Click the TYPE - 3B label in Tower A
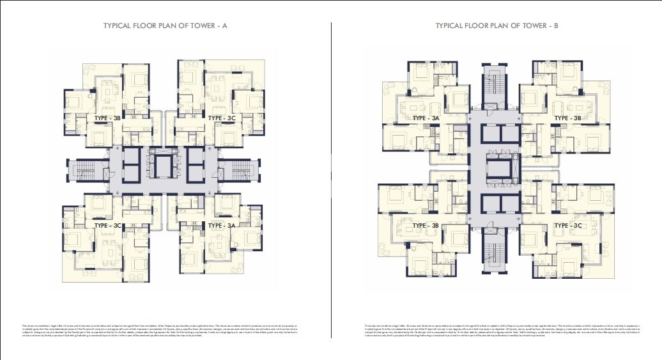tap(107, 118)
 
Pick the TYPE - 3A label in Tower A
tap(222, 226)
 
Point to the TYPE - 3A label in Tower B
tap(426, 118)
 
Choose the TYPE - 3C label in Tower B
tap(567, 226)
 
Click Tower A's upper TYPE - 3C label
tap(222, 118)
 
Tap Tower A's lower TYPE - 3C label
tap(107, 226)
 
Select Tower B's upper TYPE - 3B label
tap(567, 118)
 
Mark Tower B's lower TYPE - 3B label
tap(426, 226)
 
